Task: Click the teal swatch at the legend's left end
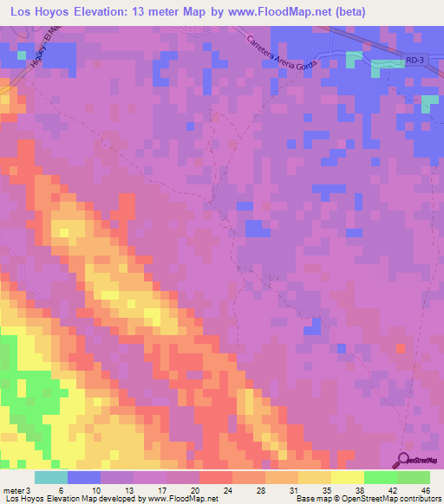(x=51, y=477)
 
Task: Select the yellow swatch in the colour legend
(x=348, y=477)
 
